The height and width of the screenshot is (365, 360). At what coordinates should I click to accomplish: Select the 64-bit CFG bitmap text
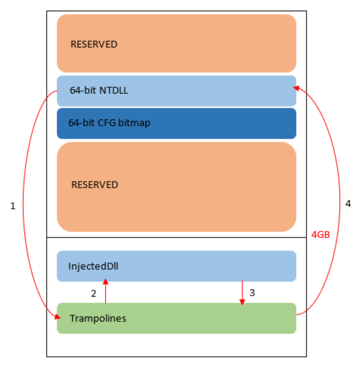[x=109, y=123]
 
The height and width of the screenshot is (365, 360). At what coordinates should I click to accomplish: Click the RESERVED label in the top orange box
[x=94, y=44]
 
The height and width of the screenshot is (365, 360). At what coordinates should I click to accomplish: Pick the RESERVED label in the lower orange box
[x=95, y=185]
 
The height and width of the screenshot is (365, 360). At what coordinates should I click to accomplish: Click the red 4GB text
[x=320, y=234]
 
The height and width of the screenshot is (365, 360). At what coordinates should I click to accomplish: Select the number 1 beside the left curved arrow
[x=13, y=206]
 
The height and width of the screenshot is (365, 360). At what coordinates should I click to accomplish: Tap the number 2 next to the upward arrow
[x=94, y=294]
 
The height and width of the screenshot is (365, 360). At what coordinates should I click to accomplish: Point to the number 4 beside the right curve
[x=348, y=203]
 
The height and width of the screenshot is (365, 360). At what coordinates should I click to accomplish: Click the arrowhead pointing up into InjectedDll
[x=106, y=281]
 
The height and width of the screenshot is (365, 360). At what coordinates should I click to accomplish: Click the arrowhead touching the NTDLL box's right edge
[x=297, y=88]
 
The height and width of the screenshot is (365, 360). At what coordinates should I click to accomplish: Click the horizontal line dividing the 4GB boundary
[x=176, y=238]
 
